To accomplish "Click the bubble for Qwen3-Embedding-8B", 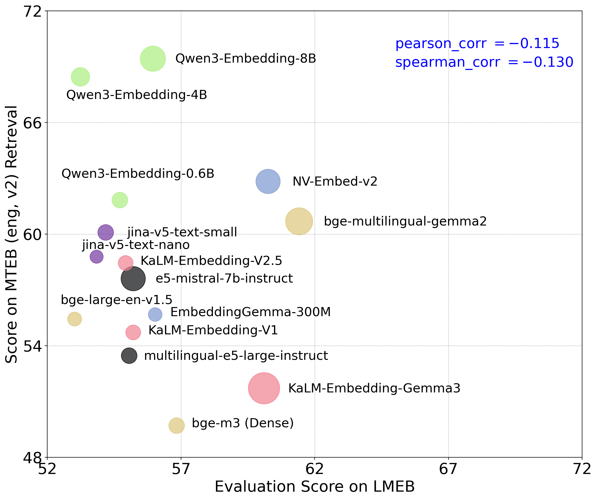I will click(x=153, y=59).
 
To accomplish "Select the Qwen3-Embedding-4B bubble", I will click(x=81, y=77).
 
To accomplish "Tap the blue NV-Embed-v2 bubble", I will click(x=268, y=181).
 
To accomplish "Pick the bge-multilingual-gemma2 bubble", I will click(x=299, y=221).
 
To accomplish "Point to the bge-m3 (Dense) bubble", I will click(x=177, y=426).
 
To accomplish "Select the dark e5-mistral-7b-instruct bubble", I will click(x=133, y=279).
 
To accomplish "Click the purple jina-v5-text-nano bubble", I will click(x=96, y=257).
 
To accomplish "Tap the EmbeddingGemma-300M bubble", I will click(x=155, y=314).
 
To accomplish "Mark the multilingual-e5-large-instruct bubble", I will click(x=129, y=356).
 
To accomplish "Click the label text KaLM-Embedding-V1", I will click(x=213, y=330).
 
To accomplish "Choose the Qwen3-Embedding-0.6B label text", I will click(x=138, y=174).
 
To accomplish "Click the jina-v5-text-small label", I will click(x=182, y=232).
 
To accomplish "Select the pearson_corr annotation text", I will click(x=477, y=43).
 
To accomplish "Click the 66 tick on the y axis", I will click(x=32, y=123).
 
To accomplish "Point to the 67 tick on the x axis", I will click(x=448, y=469).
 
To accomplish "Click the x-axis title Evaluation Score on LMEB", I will click(x=314, y=487).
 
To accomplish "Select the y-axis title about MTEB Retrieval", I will click(x=11, y=234).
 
